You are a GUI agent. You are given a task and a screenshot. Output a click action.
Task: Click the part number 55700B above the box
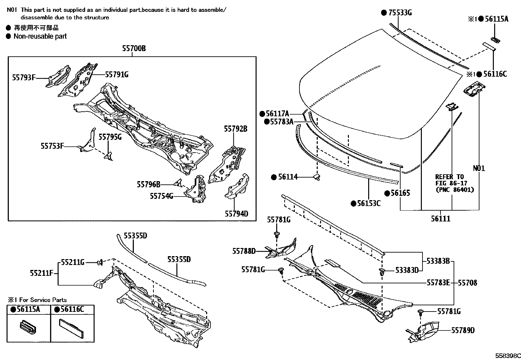pos(134,49)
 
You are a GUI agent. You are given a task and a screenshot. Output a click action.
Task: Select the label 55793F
pos(24,78)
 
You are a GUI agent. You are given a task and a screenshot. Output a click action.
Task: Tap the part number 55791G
pos(117,75)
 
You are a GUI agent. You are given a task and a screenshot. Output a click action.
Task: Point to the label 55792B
pos(236,129)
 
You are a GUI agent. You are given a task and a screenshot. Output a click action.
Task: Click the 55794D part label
pos(236,214)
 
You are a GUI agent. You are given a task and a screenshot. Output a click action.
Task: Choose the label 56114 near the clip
pos(288,177)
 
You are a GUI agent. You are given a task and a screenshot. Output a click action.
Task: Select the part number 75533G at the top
pos(400,13)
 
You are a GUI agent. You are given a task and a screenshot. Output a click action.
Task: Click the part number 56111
pos(440,219)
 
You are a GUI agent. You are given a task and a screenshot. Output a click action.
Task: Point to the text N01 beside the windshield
pos(479,168)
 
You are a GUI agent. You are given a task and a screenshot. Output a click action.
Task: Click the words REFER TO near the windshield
pos(449,177)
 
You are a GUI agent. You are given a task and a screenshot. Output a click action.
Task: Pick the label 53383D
pos(407,270)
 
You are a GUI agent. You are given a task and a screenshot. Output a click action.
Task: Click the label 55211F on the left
pos(42,273)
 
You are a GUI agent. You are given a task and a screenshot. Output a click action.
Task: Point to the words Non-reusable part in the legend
pos(40,36)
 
